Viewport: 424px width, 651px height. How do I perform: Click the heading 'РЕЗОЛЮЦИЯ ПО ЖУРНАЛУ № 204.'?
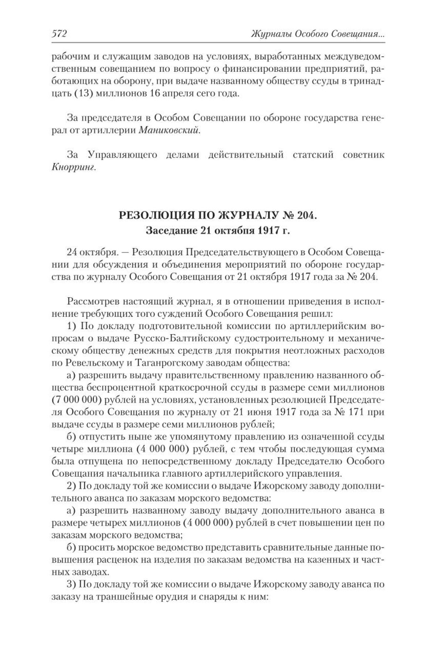[218, 216]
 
